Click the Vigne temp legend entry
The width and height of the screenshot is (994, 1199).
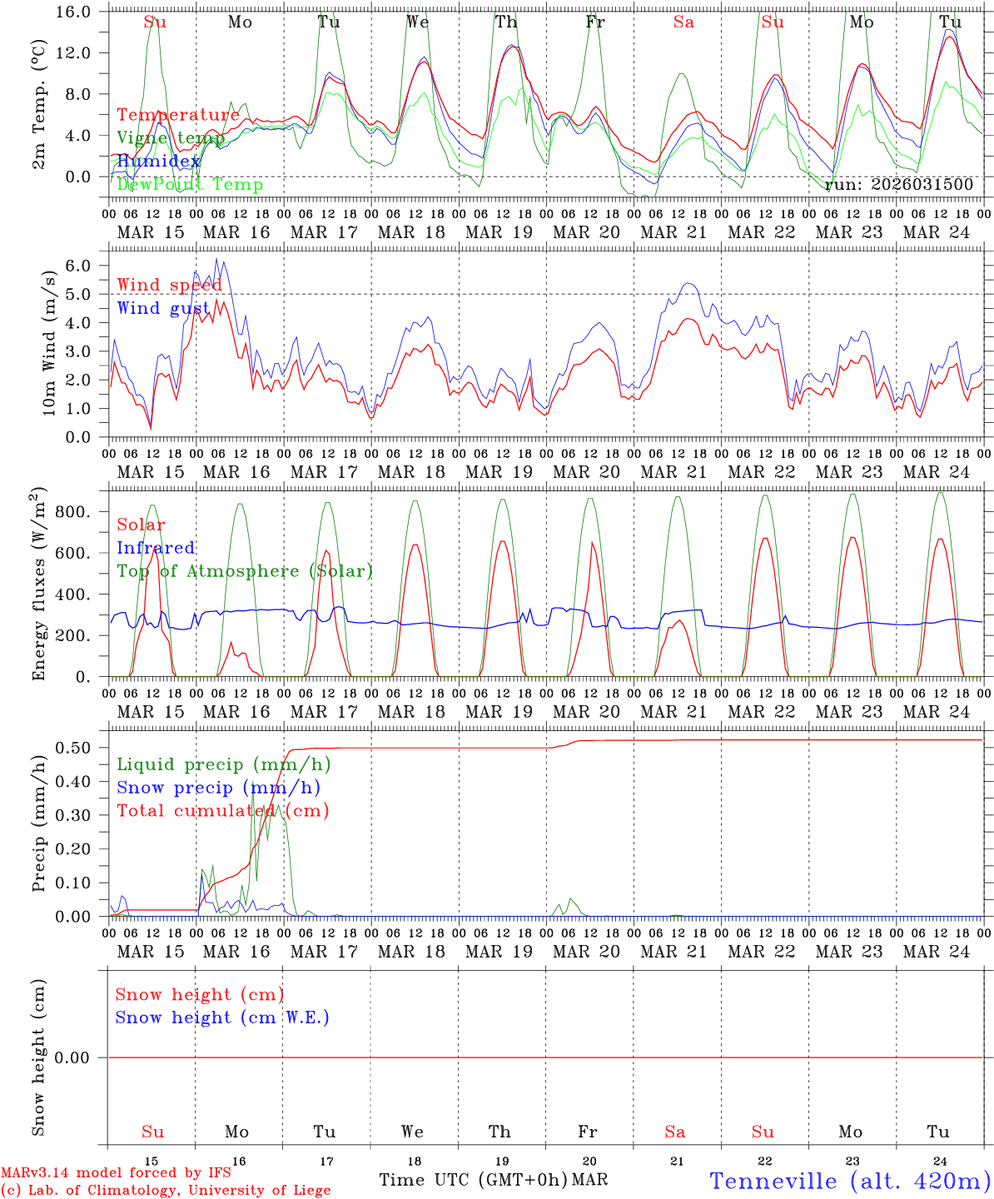tap(170, 138)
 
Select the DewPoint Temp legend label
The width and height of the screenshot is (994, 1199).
tap(190, 185)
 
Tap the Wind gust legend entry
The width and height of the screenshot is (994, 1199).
tap(163, 308)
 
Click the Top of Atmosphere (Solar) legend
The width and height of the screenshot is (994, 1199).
tap(245, 571)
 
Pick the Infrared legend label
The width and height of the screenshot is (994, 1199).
tap(156, 548)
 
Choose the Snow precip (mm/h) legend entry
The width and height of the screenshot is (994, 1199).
tap(219, 788)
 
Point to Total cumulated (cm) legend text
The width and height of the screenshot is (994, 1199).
tap(223, 811)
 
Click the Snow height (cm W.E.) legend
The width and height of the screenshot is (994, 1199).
tap(222, 1017)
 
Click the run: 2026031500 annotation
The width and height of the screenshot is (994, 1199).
tap(899, 185)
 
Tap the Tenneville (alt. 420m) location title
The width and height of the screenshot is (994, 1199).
tap(850, 1181)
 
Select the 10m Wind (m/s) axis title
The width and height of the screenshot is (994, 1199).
tap(49, 343)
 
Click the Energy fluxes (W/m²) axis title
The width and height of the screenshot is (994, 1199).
tap(40, 585)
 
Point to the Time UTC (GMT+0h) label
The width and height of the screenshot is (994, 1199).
tap(473, 1180)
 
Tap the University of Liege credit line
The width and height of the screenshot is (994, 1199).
tap(166, 1191)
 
